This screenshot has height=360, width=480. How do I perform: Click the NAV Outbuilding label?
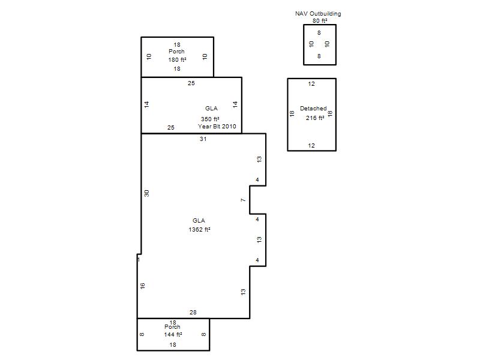click(x=318, y=13)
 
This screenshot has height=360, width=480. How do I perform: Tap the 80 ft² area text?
click(x=320, y=21)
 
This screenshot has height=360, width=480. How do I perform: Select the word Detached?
click(x=313, y=109)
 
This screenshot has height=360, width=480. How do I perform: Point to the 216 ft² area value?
click(x=315, y=118)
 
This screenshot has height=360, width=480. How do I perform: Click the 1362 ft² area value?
click(x=199, y=230)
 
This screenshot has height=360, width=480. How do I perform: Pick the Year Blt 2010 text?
click(x=217, y=127)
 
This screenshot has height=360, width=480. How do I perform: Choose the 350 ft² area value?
click(x=210, y=119)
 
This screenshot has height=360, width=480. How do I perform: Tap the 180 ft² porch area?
click(x=177, y=59)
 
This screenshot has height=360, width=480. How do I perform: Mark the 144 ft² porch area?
click(x=173, y=335)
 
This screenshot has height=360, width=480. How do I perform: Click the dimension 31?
click(x=203, y=139)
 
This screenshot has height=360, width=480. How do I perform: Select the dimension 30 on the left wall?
click(x=146, y=193)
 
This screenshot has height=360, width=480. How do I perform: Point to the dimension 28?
click(x=193, y=313)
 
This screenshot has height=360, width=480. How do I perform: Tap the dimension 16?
click(x=142, y=286)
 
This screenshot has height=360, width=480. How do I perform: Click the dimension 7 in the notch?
click(x=244, y=200)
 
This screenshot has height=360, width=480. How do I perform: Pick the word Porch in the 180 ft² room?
click(x=176, y=52)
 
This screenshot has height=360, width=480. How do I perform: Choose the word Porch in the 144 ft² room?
click(x=172, y=327)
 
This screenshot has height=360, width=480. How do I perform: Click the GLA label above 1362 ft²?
click(x=199, y=220)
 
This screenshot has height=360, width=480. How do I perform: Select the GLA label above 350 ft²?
click(x=212, y=109)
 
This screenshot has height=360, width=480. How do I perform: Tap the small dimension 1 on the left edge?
click(x=139, y=260)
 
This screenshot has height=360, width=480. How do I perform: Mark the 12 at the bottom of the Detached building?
click(x=311, y=146)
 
